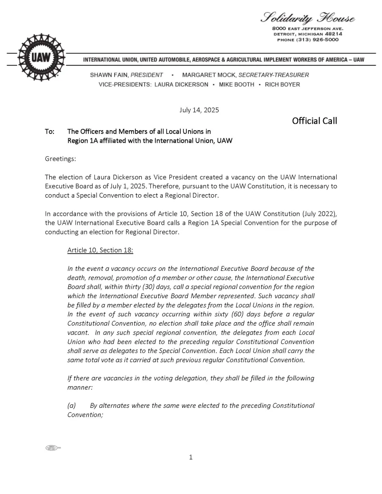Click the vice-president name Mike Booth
(236, 84)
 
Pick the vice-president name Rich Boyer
(282, 84)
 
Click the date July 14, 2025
(199, 110)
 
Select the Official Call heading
(315, 121)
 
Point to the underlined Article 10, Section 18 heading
(100, 250)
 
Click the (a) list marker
(72, 405)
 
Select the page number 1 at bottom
(191, 457)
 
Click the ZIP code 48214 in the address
(334, 34)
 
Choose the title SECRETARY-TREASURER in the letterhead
(274, 75)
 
